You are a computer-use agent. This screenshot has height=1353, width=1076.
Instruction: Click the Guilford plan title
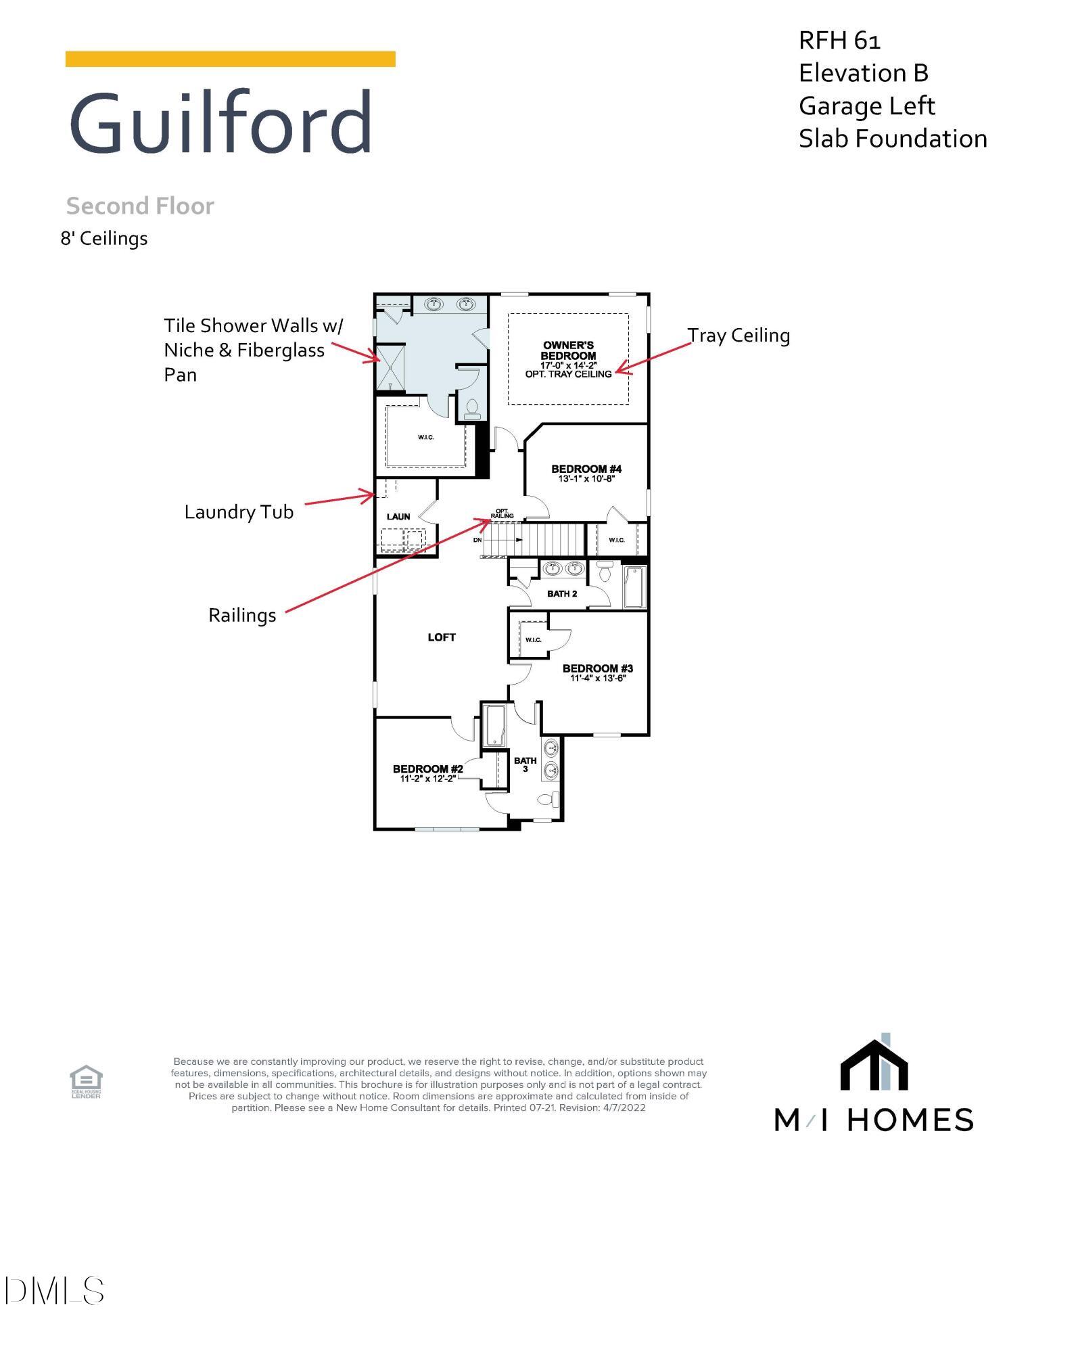(220, 124)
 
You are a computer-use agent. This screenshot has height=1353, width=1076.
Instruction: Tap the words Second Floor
(140, 206)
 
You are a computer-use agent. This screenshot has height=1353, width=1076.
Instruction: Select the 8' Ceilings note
(104, 239)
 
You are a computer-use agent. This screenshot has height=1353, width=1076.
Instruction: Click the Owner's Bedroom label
(568, 350)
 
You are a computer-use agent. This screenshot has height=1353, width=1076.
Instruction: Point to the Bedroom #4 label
(586, 469)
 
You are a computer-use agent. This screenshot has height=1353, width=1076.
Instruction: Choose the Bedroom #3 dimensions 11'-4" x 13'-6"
(598, 678)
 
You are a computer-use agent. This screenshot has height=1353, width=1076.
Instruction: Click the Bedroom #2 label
(427, 769)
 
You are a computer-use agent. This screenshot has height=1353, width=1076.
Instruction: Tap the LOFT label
(442, 637)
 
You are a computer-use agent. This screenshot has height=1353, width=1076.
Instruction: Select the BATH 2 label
(562, 594)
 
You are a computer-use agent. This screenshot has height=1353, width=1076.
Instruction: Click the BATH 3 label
(525, 764)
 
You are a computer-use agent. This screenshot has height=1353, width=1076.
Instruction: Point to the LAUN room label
(398, 517)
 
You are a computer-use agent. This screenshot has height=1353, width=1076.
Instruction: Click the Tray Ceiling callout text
(739, 336)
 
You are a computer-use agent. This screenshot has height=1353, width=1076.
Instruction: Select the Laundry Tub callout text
(239, 512)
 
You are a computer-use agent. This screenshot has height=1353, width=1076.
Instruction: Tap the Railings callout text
(242, 616)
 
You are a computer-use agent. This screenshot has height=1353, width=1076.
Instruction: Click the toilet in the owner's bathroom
(471, 409)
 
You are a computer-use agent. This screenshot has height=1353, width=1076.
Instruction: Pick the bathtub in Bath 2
(634, 587)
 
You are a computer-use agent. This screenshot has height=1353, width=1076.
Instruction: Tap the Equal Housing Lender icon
(86, 1081)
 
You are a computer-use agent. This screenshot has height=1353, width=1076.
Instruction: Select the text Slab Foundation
(892, 139)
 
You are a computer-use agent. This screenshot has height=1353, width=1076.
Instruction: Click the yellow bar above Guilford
(230, 59)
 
